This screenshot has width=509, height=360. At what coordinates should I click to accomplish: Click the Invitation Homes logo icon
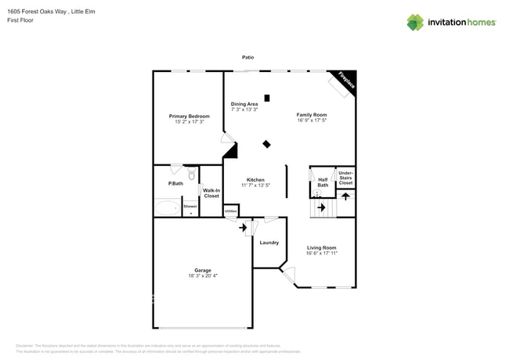tap(415, 22)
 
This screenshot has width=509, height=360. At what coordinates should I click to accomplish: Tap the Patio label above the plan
tap(247, 57)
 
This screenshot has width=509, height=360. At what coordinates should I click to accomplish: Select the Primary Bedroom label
tap(190, 117)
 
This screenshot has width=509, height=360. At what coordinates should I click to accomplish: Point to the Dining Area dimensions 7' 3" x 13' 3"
tap(244, 110)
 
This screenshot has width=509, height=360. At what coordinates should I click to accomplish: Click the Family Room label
tap(312, 115)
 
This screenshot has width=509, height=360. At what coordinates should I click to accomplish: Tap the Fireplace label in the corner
tap(345, 81)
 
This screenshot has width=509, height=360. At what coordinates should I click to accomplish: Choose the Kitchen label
tap(255, 180)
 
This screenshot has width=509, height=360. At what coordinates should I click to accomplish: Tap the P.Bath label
tap(175, 184)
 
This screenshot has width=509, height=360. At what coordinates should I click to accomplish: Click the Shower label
tap(191, 206)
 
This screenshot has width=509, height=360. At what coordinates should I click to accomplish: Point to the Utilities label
tap(231, 211)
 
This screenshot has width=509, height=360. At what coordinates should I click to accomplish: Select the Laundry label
tap(269, 243)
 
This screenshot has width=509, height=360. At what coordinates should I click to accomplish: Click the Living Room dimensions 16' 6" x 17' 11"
tap(322, 254)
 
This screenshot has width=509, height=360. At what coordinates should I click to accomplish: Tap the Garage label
tap(203, 270)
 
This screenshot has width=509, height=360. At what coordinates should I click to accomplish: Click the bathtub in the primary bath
tap(167, 207)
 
